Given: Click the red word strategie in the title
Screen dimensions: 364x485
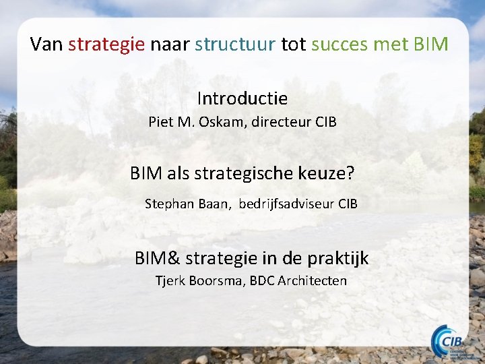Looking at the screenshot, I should coord(106,45).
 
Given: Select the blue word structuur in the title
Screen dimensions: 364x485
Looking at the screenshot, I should coord(235,45).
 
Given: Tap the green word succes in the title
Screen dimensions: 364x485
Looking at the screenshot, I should coord(342,45).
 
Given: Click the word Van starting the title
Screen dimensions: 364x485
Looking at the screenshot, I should coord(46,45).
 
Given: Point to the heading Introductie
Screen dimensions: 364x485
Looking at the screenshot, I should coord(243,99).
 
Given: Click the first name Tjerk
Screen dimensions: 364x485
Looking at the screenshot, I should coord(171,280).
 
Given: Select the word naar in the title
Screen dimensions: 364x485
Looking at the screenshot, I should coord(170,45).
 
